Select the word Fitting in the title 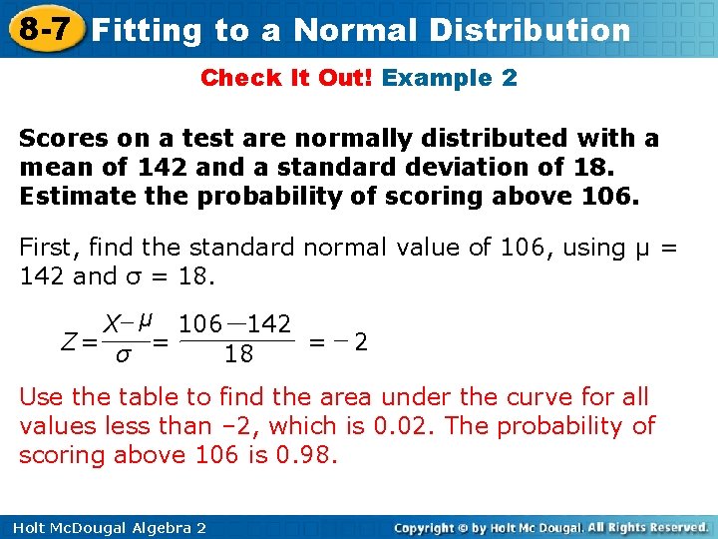[x=139, y=30]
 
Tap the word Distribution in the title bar [x=530, y=30]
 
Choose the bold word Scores [x=59, y=137]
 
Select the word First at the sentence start [x=45, y=248]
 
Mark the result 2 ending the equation [x=362, y=342]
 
